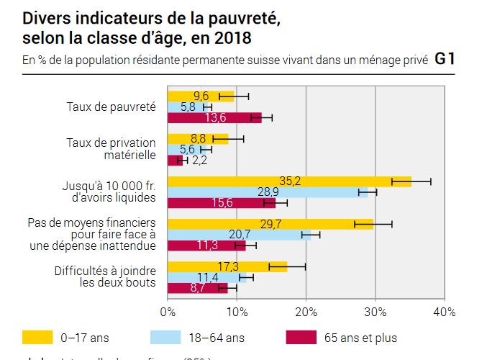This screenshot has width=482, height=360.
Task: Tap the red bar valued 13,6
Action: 214,117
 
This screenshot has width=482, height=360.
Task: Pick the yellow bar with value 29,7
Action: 270,224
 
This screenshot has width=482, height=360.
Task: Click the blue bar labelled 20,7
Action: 239,235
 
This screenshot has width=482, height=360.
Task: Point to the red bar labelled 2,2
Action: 175,160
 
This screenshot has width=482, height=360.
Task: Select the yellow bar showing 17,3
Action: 227,266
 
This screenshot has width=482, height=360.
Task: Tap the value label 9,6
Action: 201,96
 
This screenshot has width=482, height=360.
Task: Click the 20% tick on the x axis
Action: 306,312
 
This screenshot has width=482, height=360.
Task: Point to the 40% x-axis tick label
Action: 444,312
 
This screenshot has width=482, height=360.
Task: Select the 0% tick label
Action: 168,312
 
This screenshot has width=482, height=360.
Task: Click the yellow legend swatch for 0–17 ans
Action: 37,337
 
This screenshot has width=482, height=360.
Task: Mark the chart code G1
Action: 445,60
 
